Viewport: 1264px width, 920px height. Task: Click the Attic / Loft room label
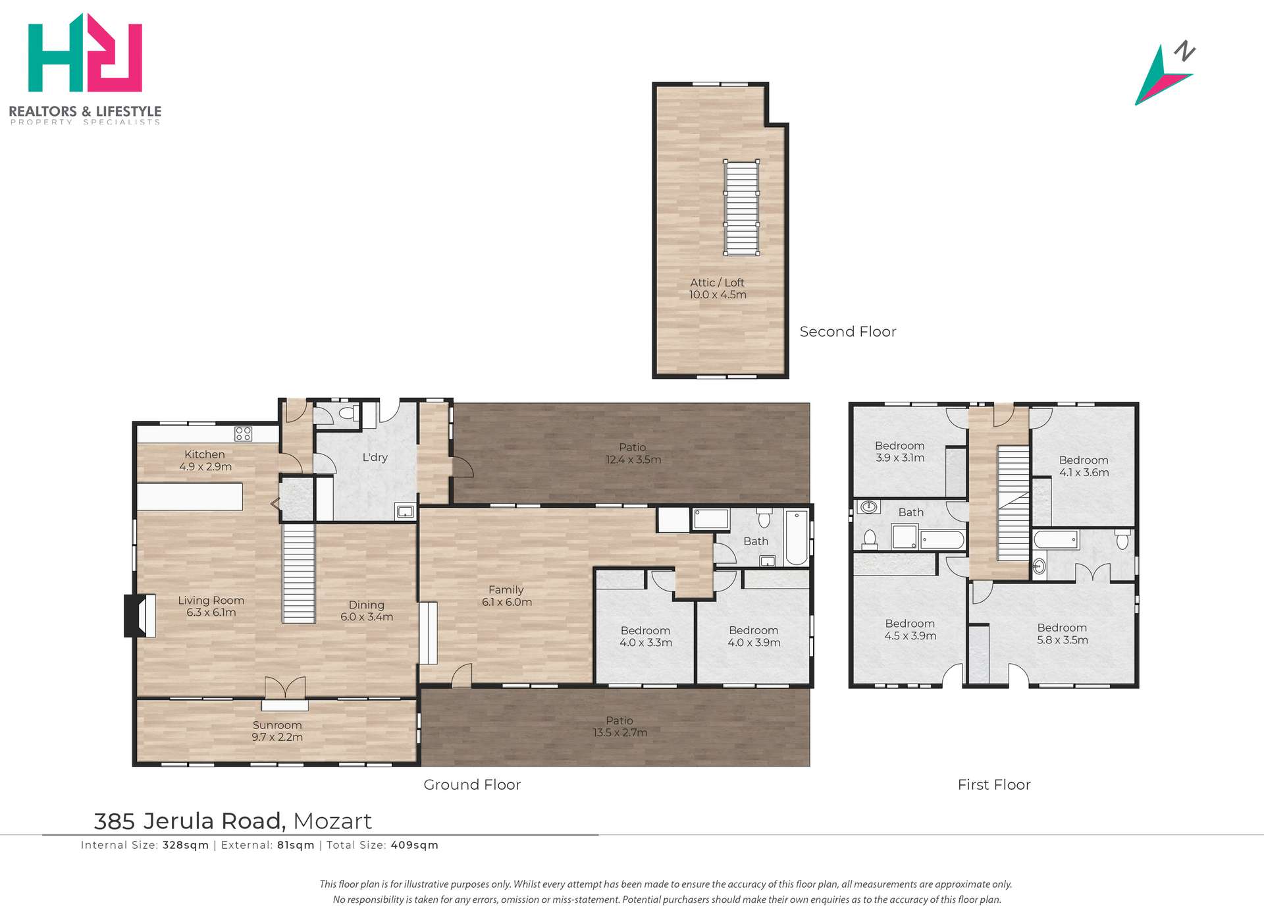click(718, 288)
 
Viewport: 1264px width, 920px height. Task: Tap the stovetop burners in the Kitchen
click(243, 433)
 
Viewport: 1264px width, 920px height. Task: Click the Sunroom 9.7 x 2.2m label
click(277, 731)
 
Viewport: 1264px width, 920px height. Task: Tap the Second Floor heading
click(847, 332)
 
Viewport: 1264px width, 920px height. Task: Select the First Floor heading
click(993, 784)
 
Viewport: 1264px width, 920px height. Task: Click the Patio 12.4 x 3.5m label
click(633, 453)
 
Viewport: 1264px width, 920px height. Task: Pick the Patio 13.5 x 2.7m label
click(619, 726)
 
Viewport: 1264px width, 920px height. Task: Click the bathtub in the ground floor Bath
click(796, 537)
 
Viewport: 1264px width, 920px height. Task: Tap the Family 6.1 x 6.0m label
click(506, 596)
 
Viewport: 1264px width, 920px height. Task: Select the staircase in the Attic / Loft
click(742, 207)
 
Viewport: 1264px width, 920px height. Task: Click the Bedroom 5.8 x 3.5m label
click(1062, 634)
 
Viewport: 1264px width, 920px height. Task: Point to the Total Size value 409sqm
click(414, 845)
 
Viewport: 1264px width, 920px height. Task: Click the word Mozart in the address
click(332, 821)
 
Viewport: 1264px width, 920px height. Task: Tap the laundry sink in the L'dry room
click(405, 511)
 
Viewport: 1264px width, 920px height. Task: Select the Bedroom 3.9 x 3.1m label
click(899, 452)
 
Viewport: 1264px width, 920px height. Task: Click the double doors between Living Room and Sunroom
click(285, 688)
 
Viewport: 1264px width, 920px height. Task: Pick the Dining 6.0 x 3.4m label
click(367, 610)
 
